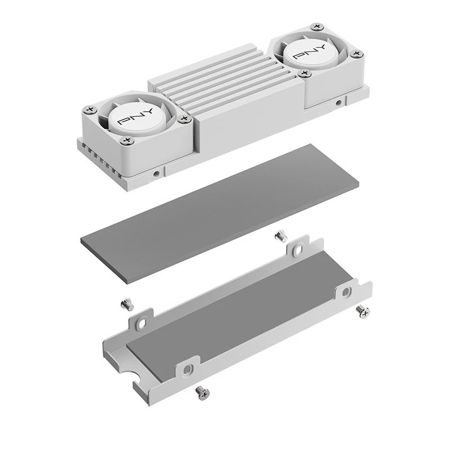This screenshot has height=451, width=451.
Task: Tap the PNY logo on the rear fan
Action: (309, 52)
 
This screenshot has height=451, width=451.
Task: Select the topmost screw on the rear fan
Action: (317, 26)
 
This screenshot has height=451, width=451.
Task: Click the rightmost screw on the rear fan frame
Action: (356, 54)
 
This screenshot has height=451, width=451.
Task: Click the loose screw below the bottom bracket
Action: (202, 393)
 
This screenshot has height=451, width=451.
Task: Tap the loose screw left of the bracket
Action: (127, 305)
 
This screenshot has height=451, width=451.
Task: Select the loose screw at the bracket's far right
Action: (362, 312)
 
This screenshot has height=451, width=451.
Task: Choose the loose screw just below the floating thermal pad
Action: (281, 236)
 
